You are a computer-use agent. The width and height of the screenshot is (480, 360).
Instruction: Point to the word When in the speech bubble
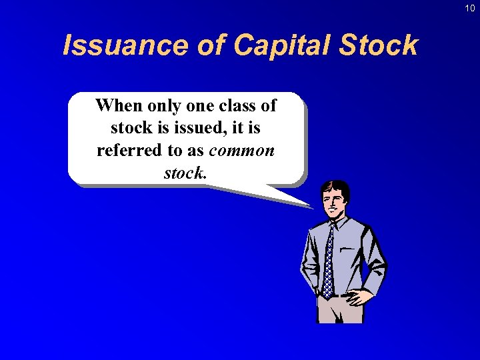[119, 105]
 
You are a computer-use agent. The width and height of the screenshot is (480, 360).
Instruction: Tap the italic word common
[241, 150]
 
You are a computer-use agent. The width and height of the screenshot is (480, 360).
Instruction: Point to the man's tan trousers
[340, 310]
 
